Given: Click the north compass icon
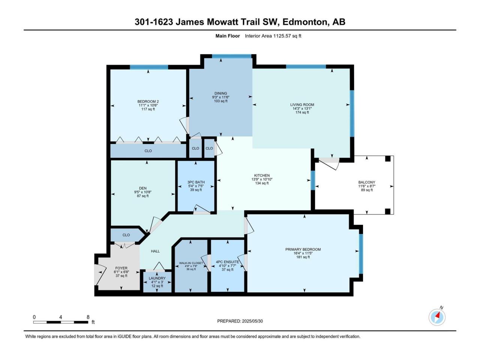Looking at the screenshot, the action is (437, 317).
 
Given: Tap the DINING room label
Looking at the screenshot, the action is (220, 93).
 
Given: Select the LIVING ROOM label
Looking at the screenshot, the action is (302, 105).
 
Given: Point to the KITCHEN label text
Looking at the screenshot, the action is (262, 175).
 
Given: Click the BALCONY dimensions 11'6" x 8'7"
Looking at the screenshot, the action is (367, 186).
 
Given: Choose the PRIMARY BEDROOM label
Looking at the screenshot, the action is (303, 249).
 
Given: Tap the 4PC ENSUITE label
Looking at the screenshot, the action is (227, 262).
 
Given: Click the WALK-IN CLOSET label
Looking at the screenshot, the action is (191, 263).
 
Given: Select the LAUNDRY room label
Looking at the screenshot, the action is (157, 278).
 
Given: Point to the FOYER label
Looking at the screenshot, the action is (121, 268).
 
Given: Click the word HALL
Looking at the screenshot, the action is (155, 251).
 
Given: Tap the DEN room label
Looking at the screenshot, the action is (143, 188).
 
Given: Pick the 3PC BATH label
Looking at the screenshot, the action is (196, 182).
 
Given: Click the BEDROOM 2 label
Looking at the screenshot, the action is (148, 101).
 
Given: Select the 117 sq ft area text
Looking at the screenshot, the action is (148, 109).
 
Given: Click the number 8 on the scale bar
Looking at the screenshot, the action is (88, 317).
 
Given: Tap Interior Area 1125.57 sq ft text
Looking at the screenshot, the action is (273, 36).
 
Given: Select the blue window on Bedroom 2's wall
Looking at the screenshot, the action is (149, 67).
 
